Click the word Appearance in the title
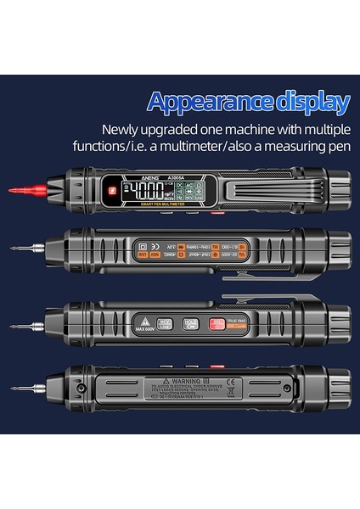click(x=204, y=103)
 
